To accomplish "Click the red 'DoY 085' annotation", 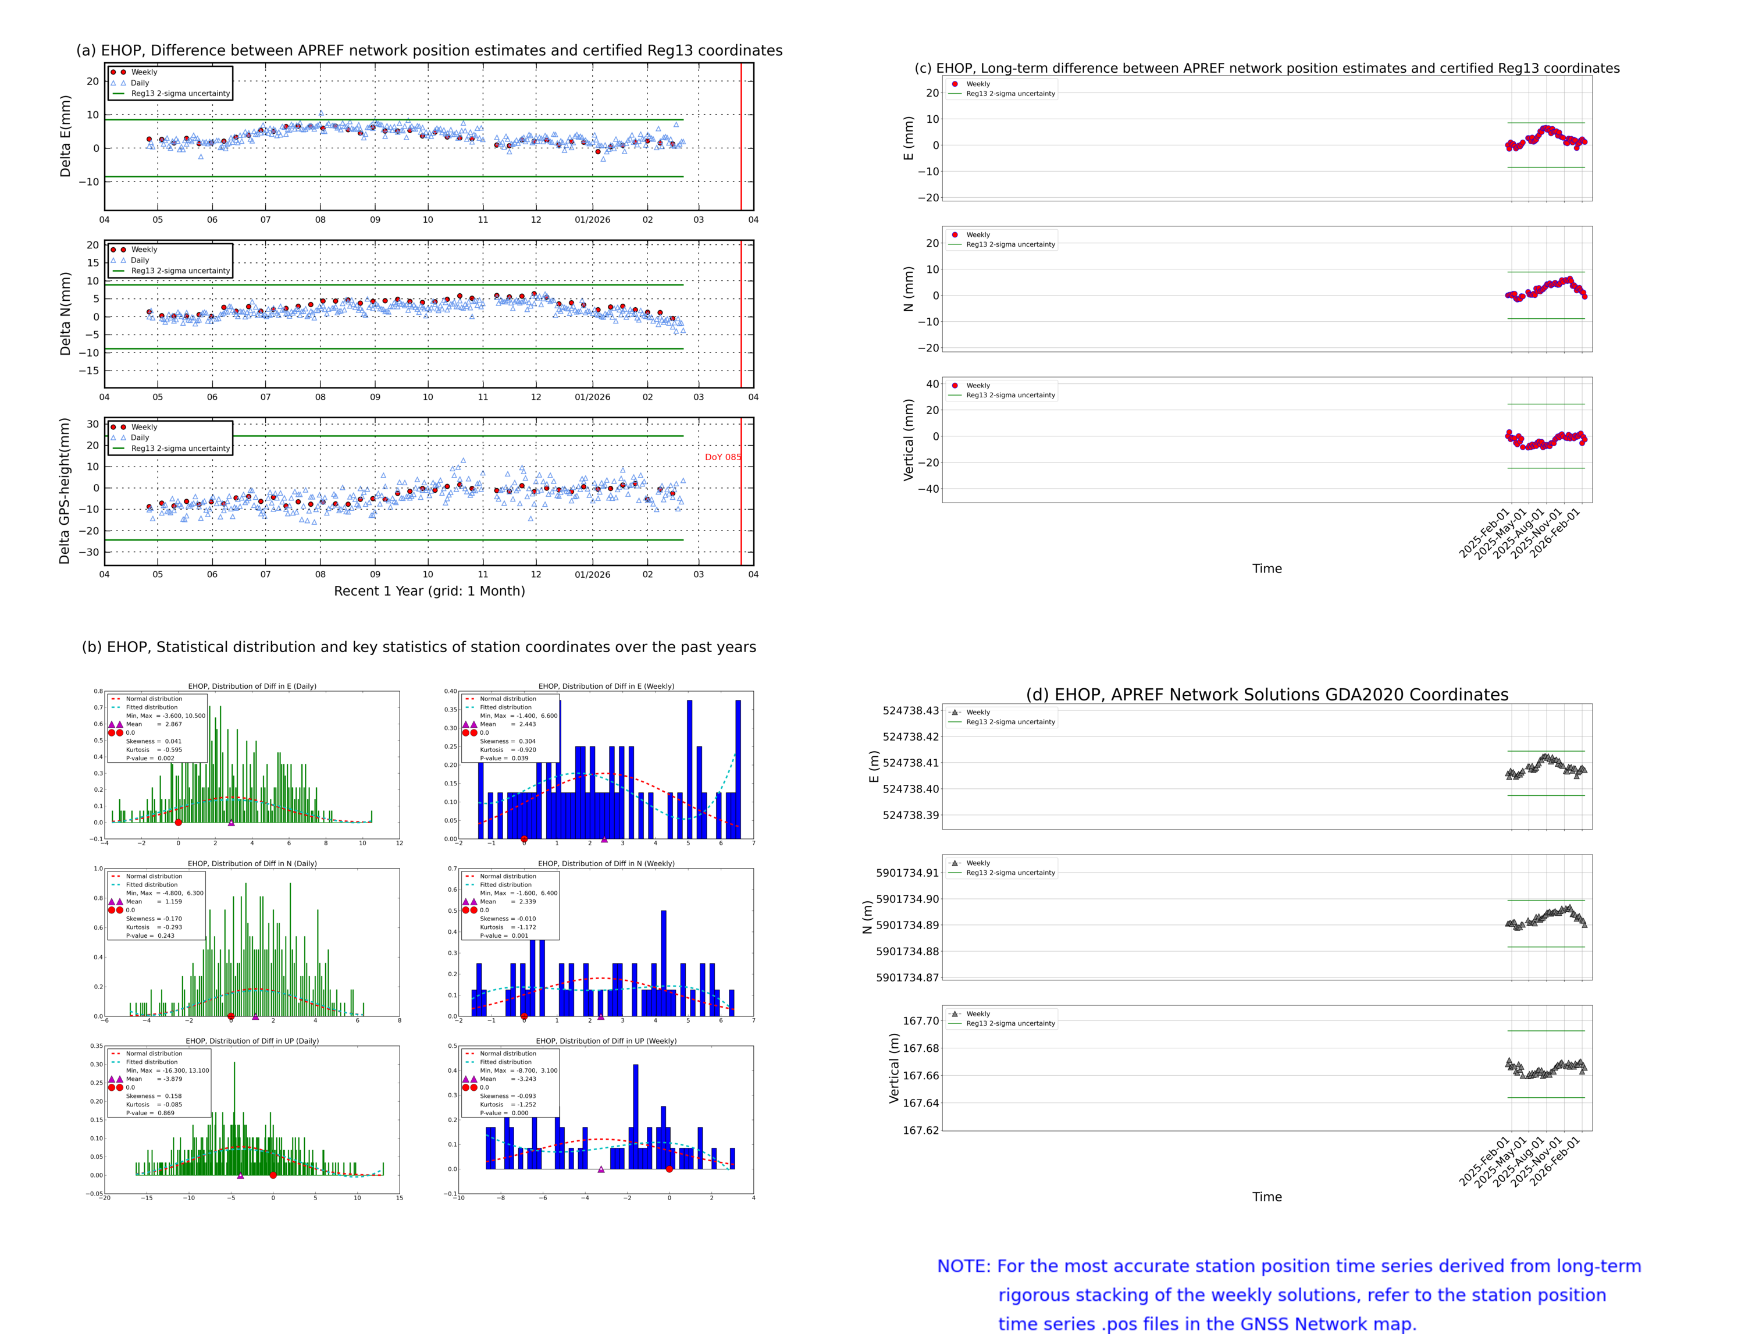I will pos(722,457).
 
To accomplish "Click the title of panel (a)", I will pos(429,51).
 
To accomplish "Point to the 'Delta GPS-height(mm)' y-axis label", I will pos(65,490).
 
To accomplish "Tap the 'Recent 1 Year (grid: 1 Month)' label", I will pos(429,590).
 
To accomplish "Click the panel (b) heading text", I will pos(418,647).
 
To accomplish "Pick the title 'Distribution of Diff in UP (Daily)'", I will pos(252,1041).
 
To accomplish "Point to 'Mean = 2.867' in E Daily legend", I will pos(153,724).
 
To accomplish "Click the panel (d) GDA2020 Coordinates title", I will pos(1266,695).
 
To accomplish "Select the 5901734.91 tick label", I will pos(907,873).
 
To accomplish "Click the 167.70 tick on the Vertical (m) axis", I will pos(920,1021).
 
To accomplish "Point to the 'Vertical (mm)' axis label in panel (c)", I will pos(908,440).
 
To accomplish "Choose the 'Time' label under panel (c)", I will pos(1266,568).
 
